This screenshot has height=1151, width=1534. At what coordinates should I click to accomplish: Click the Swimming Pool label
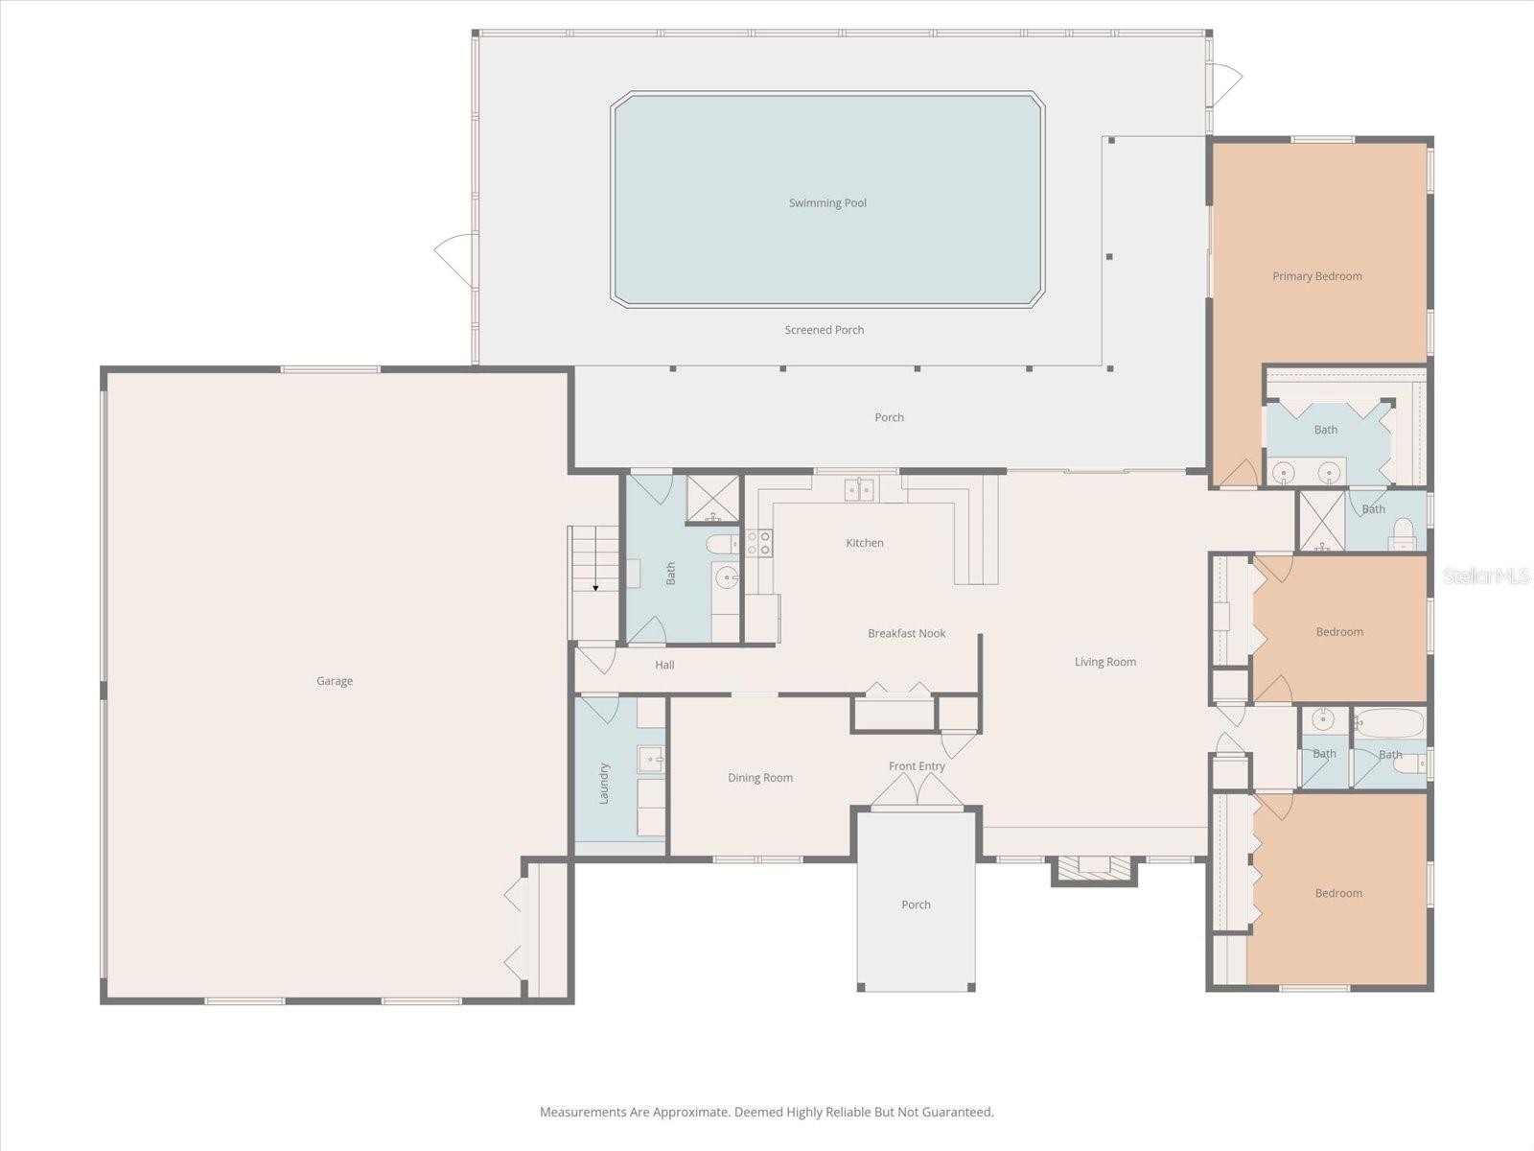tap(827, 203)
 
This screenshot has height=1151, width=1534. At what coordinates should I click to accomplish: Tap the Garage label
tap(335, 681)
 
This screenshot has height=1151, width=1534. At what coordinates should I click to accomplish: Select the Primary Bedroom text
tap(1316, 276)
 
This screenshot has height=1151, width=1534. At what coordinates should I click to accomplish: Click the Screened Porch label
tap(824, 330)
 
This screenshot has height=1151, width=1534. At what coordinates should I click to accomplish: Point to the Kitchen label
tap(864, 543)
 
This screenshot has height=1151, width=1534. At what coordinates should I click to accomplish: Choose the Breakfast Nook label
tap(906, 633)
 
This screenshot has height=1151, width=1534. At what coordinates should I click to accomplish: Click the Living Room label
tap(1104, 662)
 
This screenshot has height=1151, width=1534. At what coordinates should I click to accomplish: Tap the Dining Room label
tap(759, 778)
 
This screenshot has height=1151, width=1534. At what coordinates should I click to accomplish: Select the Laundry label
tap(604, 783)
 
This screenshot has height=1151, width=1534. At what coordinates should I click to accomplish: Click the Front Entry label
tap(917, 766)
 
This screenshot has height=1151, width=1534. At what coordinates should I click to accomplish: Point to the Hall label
tap(664, 665)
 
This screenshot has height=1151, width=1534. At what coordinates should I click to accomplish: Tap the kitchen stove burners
tap(758, 544)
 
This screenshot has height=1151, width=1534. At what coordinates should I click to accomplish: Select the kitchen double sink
tap(859, 490)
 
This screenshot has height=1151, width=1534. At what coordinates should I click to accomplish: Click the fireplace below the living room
tap(1094, 867)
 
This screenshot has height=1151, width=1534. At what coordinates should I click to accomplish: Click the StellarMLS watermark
tap(1485, 575)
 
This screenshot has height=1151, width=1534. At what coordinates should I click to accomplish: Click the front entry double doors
tap(918, 791)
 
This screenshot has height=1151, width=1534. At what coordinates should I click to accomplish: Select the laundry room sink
tap(651, 760)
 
